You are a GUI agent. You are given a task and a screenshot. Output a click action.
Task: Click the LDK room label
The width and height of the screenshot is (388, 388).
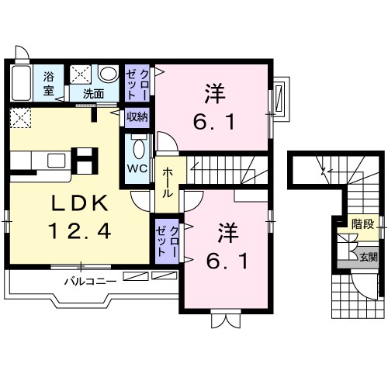click(x=80, y=203)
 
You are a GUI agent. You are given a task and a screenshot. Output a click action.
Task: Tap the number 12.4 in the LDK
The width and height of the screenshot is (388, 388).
click(x=80, y=231)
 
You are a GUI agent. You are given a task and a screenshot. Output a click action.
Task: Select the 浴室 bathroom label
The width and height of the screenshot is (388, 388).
click(x=49, y=83)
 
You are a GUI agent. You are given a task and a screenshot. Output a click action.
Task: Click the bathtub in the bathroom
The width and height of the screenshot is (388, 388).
click(x=22, y=83)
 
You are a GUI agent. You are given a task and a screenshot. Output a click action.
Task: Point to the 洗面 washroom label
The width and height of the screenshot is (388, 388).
click(x=93, y=94)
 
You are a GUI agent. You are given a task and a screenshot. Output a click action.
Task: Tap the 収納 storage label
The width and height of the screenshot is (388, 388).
click(x=137, y=117)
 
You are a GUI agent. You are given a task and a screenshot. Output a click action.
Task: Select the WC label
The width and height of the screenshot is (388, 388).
click(x=137, y=169)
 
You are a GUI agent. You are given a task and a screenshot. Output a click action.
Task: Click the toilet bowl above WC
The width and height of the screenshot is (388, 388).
click(x=139, y=149)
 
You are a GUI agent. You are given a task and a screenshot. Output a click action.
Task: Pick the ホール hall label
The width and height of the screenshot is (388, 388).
click(x=168, y=182)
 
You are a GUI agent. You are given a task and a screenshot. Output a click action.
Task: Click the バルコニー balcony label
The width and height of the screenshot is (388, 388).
click(x=90, y=281)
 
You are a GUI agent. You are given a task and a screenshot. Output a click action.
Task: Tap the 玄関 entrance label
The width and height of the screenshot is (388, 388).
click(x=369, y=257)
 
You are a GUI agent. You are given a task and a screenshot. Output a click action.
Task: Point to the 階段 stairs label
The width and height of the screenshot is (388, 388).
click(x=362, y=224)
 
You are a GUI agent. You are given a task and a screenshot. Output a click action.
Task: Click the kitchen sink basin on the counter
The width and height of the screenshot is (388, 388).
click(x=57, y=161)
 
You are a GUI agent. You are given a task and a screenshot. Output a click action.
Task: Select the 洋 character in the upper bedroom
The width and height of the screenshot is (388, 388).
click(x=215, y=93)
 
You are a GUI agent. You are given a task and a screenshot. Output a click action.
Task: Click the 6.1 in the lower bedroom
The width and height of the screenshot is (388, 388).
click(x=227, y=261)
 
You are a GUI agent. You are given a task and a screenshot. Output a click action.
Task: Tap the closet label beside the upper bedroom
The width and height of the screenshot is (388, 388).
click(x=137, y=84)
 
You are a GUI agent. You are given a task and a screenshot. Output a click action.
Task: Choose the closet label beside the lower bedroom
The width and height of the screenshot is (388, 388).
click(x=167, y=241)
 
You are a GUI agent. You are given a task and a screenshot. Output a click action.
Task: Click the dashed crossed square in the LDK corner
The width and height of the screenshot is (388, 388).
click(x=20, y=118)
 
